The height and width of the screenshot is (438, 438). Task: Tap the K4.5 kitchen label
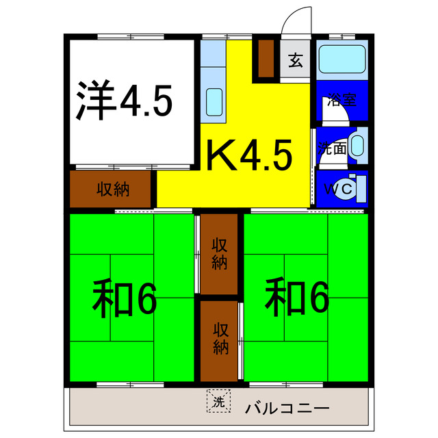click(250, 155)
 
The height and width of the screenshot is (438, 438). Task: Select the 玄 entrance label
click(295, 61)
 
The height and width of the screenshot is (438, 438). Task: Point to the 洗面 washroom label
click(331, 148)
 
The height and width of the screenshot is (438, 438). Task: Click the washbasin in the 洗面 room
click(357, 145)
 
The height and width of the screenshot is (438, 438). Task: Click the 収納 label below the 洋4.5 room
click(112, 189)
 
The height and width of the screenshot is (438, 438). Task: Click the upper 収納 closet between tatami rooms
click(219, 253)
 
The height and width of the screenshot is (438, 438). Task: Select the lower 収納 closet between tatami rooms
click(219, 338)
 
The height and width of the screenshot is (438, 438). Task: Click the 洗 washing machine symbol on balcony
click(218, 402)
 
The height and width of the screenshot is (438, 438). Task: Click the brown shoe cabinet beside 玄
click(266, 58)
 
